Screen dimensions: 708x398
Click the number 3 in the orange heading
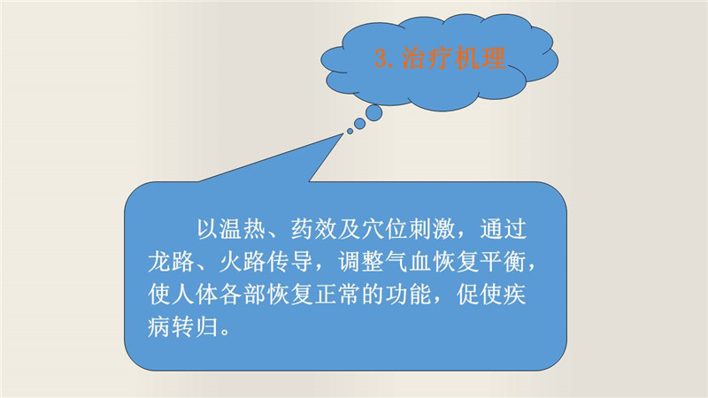tap(381, 58)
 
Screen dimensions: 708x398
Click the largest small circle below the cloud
tap(373, 113)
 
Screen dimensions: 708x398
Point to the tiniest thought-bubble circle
tap(350, 131)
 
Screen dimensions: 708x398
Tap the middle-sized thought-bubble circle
tap(360, 123)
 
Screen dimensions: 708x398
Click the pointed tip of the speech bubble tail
tap(343, 134)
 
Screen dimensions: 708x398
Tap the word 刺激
tap(431, 229)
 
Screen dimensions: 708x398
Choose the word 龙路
tap(171, 262)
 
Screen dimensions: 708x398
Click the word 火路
tap(242, 262)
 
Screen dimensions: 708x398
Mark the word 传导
tap(289, 262)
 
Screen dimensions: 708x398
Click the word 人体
tap(195, 295)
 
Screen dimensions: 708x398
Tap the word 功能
tap(408, 295)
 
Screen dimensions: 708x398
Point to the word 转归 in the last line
tap(195, 326)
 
